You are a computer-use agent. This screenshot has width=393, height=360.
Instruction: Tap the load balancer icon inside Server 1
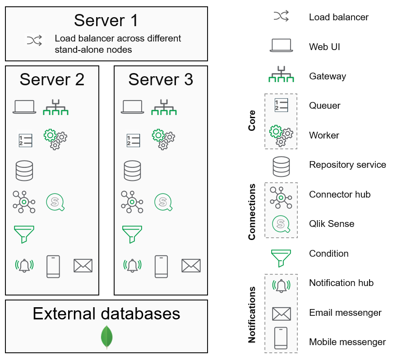[34, 41]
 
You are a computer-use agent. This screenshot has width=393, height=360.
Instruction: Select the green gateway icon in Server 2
[55, 106]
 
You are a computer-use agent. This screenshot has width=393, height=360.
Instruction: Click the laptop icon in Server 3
[133, 107]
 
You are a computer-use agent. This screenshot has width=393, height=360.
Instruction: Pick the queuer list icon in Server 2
[25, 140]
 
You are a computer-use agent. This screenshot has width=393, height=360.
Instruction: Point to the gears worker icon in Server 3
[163, 139]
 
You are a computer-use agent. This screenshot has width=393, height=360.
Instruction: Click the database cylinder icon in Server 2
[24, 171]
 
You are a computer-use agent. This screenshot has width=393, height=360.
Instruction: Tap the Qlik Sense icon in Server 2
[55, 202]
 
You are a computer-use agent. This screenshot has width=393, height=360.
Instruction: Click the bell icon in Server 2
[24, 265]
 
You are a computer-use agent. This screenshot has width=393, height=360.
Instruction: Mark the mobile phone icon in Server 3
[162, 266]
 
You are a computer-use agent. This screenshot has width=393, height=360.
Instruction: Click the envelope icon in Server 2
[83, 266]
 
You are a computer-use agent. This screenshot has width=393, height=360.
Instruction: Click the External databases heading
[106, 314]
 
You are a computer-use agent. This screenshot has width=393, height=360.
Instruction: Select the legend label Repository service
[347, 165]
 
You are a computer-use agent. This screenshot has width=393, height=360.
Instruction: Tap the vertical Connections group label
[252, 211]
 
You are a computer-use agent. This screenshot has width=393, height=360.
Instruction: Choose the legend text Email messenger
[345, 313]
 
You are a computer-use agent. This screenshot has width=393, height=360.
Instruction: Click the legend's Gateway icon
[281, 75]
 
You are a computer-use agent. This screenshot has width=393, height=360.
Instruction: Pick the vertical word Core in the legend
[252, 120]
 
